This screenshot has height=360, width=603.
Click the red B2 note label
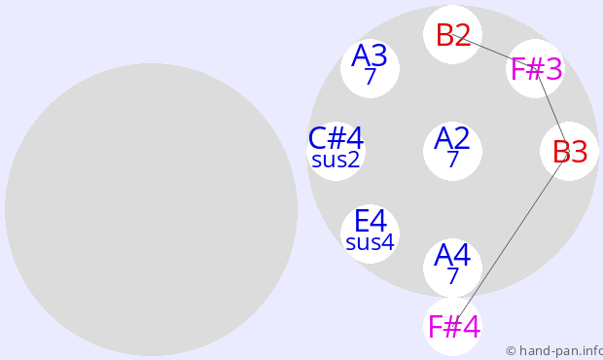pos(453,35)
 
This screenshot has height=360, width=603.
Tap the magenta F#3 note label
pos(536,69)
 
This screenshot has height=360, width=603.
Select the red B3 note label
pos(570,152)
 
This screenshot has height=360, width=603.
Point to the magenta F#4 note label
pos(454,327)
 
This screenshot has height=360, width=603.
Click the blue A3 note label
pos(370,55)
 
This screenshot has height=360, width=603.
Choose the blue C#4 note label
pos(336,138)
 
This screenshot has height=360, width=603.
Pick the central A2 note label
pos(452,138)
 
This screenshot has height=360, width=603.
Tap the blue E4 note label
pos(371,221)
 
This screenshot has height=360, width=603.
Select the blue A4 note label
pos(452,255)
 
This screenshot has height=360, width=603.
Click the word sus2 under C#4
pos(336,160)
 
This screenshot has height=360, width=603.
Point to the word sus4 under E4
pos(370,242)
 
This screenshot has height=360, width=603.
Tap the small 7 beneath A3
pos(370,76)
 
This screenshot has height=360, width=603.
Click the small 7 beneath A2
pos(453,159)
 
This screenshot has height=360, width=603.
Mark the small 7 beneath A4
pos(452,275)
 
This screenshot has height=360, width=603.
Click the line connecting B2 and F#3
pos(494,52)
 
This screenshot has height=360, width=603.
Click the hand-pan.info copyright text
pos(554,351)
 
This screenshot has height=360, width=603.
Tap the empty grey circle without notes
pos(151,209)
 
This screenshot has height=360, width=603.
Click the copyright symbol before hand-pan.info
pos(511,351)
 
